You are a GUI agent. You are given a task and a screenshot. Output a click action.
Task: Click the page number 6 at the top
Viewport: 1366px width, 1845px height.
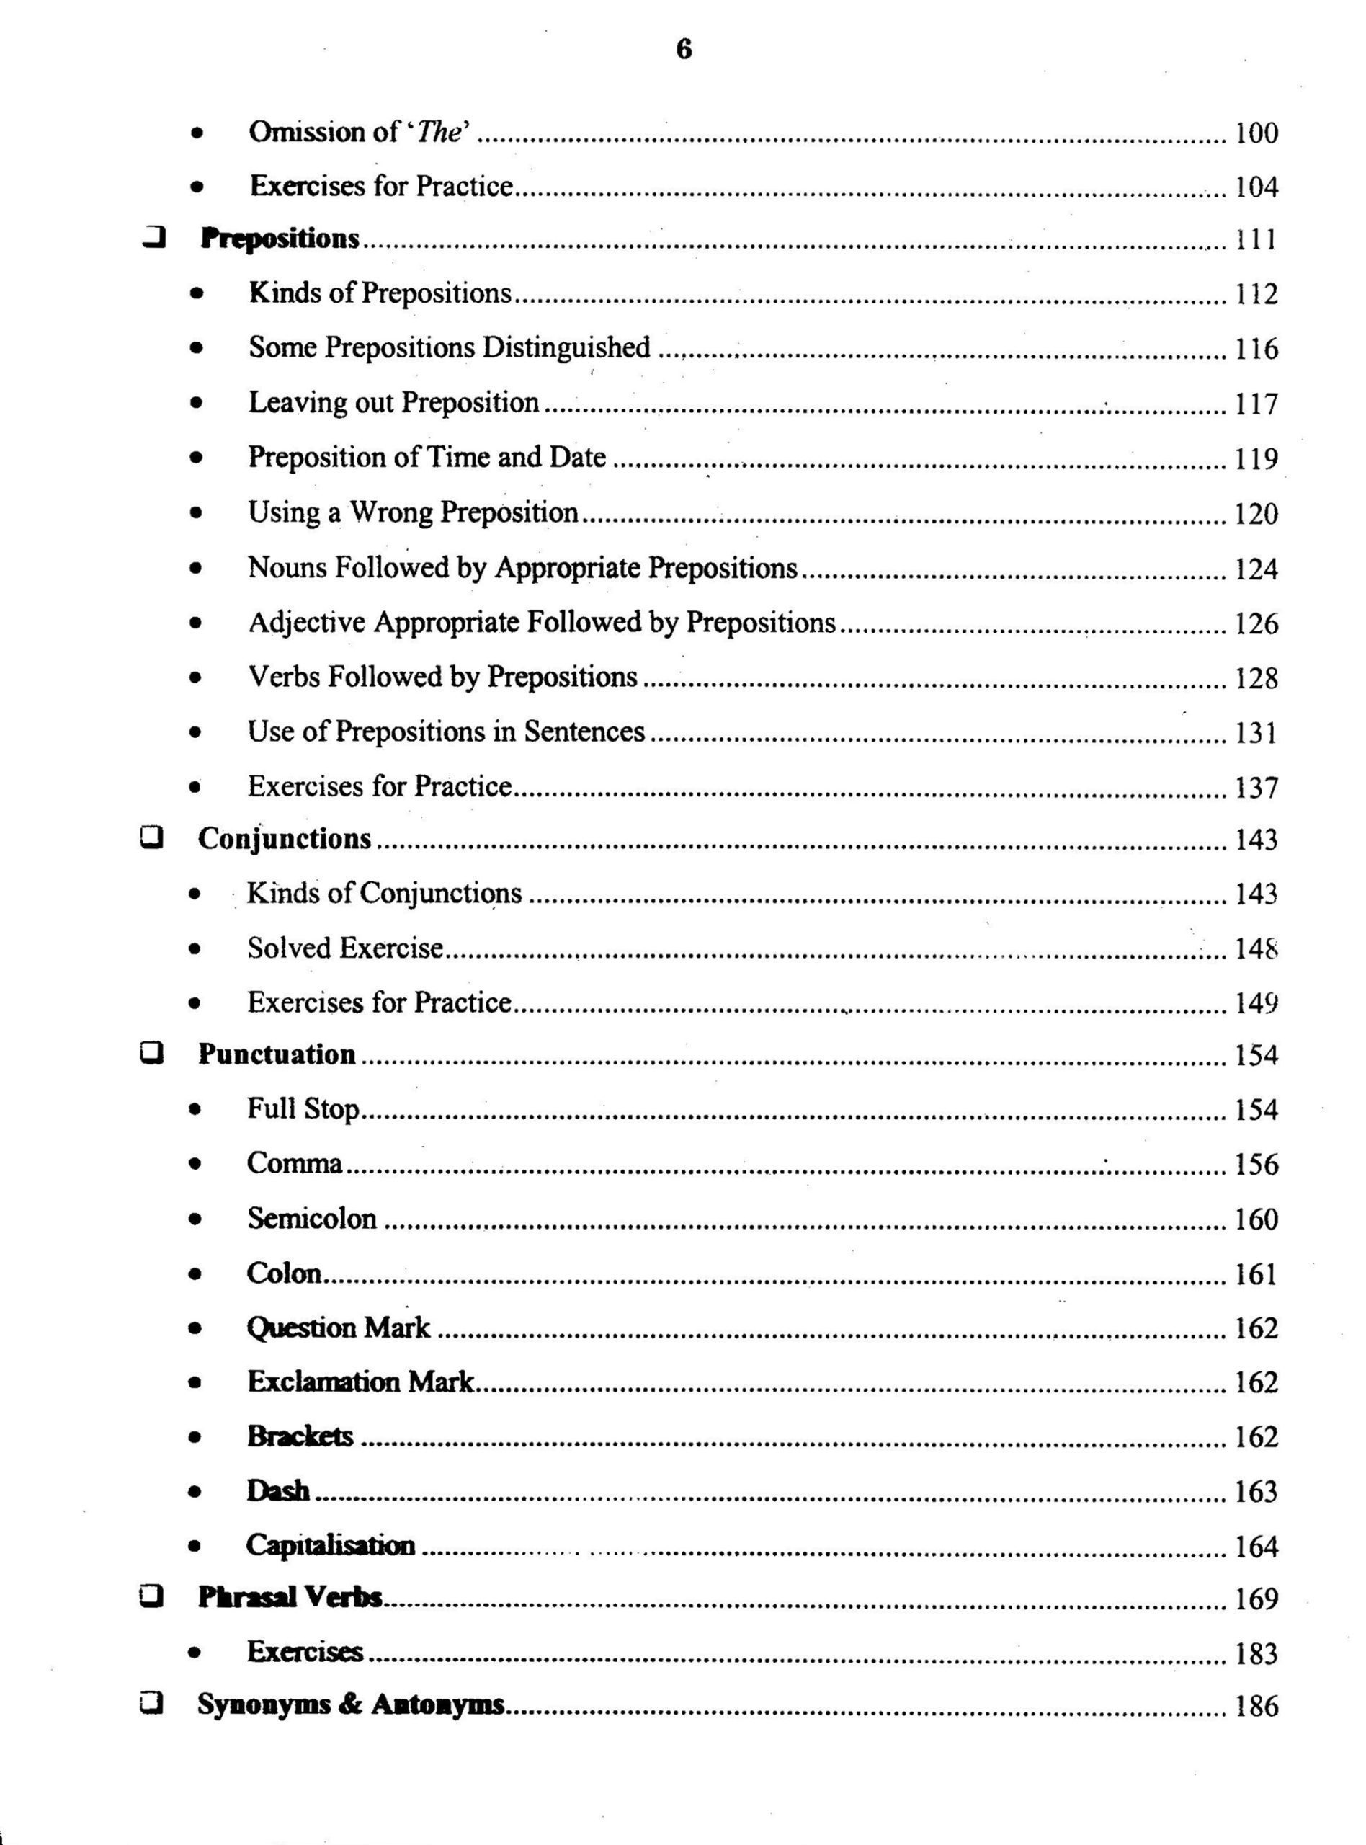click(x=684, y=50)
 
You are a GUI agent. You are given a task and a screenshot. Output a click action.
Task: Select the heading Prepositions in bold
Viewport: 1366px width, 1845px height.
click(x=280, y=239)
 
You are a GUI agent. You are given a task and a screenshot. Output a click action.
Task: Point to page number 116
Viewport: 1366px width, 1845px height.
click(x=1256, y=349)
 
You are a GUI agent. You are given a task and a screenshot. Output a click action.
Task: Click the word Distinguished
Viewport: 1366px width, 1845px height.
click(x=566, y=347)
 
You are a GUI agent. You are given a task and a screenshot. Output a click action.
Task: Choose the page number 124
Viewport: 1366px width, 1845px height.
click(x=1256, y=569)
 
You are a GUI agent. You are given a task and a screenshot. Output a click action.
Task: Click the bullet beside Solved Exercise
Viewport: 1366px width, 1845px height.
click(x=195, y=949)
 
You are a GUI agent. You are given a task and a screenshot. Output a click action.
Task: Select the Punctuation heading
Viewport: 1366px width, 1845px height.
click(x=277, y=1054)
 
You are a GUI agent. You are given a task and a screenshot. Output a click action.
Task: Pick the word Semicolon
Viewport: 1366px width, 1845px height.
click(x=312, y=1218)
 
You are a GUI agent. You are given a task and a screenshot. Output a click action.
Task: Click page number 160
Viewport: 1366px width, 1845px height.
click(x=1256, y=1219)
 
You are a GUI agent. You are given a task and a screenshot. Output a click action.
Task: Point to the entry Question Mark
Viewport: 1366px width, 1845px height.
click(x=338, y=1328)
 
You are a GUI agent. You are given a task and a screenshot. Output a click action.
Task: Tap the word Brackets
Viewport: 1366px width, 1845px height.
click(x=300, y=1436)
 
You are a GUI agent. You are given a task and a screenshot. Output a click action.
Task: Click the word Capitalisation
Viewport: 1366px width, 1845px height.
click(x=331, y=1544)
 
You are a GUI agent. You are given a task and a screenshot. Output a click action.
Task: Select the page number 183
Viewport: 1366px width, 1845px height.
click(x=1256, y=1654)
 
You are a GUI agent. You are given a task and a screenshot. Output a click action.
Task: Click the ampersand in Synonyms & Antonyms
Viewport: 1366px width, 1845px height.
click(x=349, y=1705)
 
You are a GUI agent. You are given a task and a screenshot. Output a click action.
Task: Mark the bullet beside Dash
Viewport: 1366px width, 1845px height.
click(x=195, y=1492)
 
